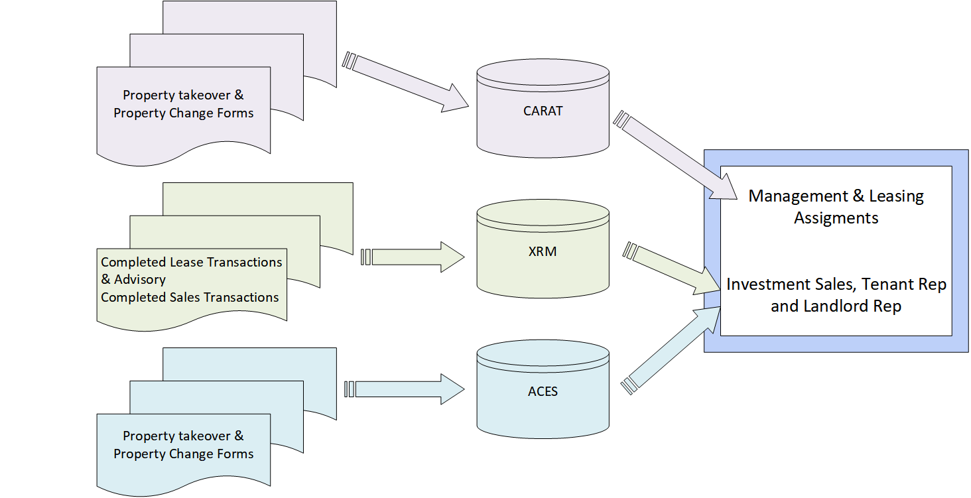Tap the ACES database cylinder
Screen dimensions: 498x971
543,391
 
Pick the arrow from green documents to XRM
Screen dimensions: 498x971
411,257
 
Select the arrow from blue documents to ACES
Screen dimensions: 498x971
405,389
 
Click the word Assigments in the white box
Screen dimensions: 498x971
836,218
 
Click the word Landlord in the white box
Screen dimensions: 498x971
832,307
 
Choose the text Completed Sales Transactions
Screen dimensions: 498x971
190,297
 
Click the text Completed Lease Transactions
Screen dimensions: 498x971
191,262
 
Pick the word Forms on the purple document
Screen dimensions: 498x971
233,113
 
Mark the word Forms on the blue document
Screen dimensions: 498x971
233,454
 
